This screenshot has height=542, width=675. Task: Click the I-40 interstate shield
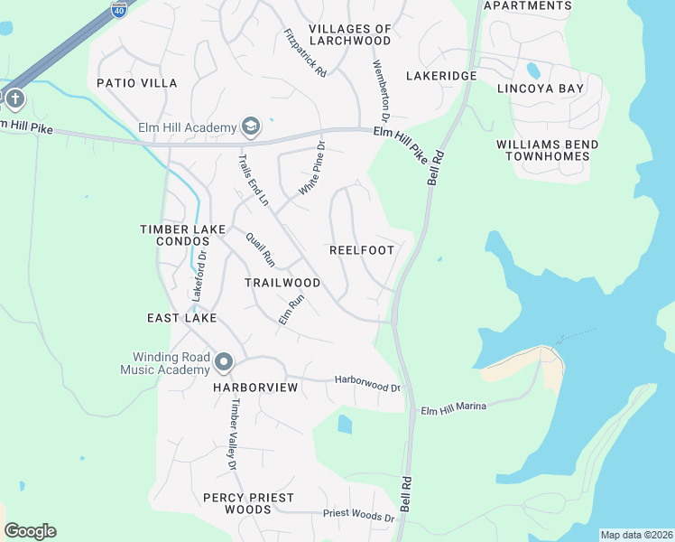click(x=119, y=9)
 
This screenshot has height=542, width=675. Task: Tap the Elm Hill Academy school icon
click(x=250, y=127)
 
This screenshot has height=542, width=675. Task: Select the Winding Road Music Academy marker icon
click(x=224, y=363)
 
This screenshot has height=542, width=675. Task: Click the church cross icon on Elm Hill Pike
click(x=15, y=98)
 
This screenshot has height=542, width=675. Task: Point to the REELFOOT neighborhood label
click(x=361, y=250)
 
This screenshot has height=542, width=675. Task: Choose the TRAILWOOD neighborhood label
click(x=282, y=283)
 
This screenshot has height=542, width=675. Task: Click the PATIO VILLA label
click(x=137, y=83)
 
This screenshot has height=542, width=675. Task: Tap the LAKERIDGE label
click(x=440, y=76)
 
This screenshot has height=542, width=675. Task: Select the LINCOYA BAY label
click(x=541, y=89)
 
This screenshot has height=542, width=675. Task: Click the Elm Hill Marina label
click(x=454, y=408)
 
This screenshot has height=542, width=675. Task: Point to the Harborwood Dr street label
click(x=367, y=384)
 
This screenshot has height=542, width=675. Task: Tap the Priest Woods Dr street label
click(x=359, y=517)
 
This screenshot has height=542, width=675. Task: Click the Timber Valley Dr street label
click(x=233, y=435)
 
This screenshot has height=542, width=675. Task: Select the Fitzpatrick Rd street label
click(x=304, y=53)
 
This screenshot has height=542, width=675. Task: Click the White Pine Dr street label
click(x=311, y=169)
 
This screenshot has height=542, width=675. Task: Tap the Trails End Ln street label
click(x=253, y=180)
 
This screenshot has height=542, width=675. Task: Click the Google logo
click(x=30, y=531)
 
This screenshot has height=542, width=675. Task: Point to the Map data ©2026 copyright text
click(x=636, y=535)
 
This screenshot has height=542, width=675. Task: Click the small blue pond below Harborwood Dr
click(x=344, y=424)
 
